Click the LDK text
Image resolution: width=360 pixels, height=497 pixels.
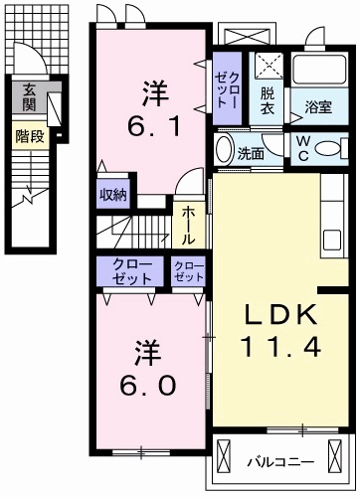281,317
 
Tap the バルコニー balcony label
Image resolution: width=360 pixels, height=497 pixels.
281,461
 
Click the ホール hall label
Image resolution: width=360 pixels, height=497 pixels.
185,226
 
